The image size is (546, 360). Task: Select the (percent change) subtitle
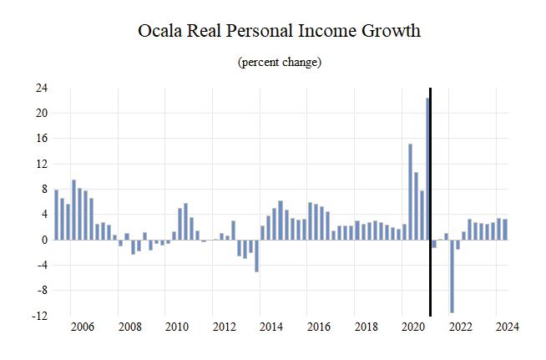[x=280, y=63]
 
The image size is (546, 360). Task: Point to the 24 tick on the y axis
[x=41, y=88]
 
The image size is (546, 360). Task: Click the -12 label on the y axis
[x=39, y=316]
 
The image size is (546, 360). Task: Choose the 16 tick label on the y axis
[x=41, y=139]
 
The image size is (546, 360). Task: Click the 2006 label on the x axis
[x=82, y=327]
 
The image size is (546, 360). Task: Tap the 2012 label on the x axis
[x=223, y=327]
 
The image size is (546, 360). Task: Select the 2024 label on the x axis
[x=506, y=327]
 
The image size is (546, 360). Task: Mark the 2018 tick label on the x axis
[x=365, y=327]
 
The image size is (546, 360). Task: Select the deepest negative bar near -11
[x=452, y=276]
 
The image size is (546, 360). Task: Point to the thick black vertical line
[x=431, y=200]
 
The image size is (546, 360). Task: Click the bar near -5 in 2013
[x=256, y=256]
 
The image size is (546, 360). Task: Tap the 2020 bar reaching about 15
[x=410, y=192]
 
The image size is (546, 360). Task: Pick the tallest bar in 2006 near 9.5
[x=73, y=210]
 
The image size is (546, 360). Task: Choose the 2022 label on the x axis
[x=459, y=327]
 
